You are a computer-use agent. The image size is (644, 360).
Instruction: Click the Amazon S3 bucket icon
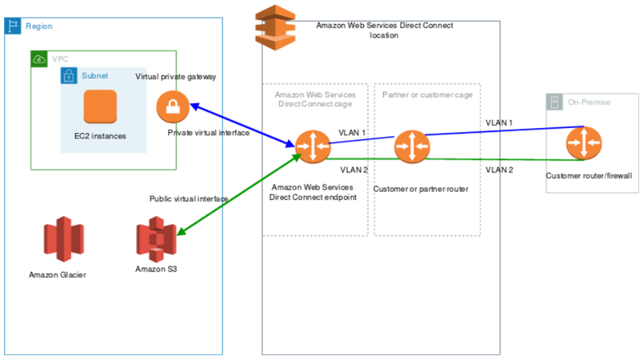click(x=156, y=240)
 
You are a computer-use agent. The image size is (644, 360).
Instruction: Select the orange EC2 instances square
click(x=100, y=106)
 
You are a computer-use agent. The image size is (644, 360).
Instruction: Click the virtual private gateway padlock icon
click(x=172, y=106)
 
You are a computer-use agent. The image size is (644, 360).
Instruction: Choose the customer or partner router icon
click(x=411, y=147)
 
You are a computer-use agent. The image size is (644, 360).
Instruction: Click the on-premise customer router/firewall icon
click(x=583, y=143)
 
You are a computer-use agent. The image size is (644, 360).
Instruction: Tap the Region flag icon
click(x=14, y=25)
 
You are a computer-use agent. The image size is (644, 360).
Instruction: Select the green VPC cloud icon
click(x=39, y=59)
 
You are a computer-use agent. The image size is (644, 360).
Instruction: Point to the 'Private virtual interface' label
click(x=208, y=133)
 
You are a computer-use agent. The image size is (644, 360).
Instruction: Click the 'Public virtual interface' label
click(x=188, y=198)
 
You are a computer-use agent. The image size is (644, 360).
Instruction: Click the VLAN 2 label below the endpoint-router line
click(x=353, y=170)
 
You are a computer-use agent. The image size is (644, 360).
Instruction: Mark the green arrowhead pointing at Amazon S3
click(x=180, y=233)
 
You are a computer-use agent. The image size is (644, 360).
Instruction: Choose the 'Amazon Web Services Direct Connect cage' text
click(x=315, y=99)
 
